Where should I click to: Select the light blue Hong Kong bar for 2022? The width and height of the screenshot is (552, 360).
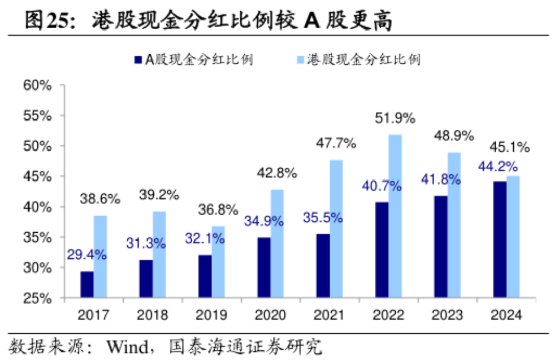point(395,216)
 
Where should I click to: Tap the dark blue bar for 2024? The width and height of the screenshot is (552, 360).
point(500,239)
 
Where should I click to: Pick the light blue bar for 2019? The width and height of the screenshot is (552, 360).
point(218,262)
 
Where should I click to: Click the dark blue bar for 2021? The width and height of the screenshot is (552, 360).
point(323,265)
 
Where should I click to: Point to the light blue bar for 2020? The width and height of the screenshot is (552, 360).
point(277,244)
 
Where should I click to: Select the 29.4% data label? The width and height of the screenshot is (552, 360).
point(86,254)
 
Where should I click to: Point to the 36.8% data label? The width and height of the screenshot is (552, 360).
point(218,209)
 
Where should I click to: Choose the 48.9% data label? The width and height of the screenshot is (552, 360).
point(453,136)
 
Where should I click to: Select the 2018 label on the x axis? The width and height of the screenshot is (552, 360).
point(153,315)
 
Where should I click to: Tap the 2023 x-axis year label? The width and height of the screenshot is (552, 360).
point(448,315)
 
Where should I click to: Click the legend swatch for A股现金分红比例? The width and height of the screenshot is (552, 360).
point(137,60)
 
